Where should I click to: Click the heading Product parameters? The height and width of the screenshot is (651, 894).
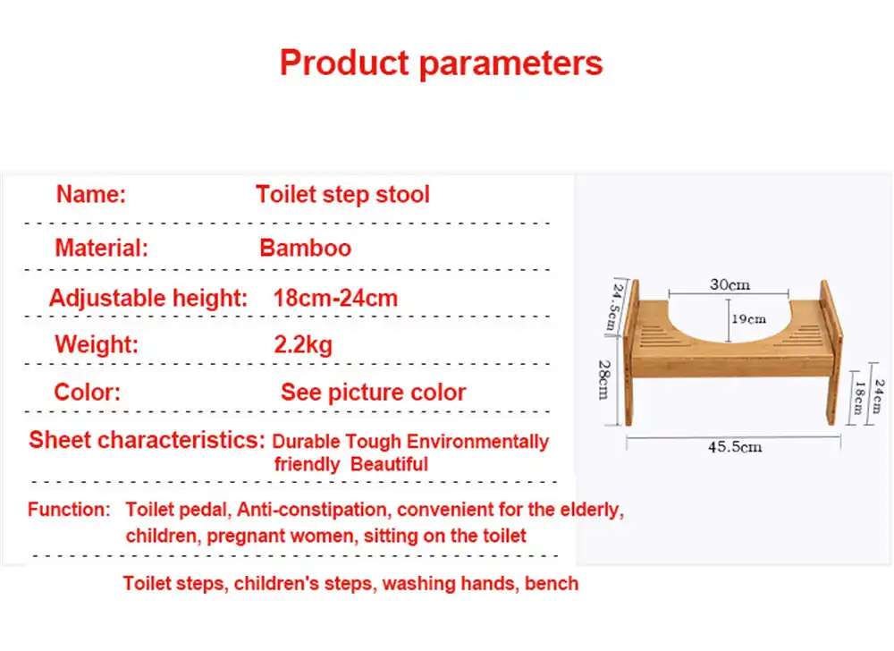point(441,63)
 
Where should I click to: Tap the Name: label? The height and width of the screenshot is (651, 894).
point(90,194)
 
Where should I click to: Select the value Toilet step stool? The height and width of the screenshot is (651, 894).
point(342,194)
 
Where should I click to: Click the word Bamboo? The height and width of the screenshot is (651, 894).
point(306,248)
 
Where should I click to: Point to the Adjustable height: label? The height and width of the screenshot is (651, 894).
point(148,298)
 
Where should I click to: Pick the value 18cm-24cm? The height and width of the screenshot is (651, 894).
point(335,298)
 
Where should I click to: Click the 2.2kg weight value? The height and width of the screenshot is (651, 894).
point(303,345)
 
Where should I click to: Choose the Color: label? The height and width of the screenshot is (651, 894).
point(88,393)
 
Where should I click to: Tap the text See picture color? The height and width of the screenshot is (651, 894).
point(374,393)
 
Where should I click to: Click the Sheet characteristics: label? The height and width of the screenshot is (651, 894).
point(148,440)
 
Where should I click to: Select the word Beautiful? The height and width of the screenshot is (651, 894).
point(389,464)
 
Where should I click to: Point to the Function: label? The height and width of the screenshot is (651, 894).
point(69,509)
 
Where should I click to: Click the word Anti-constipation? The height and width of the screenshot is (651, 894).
point(312,509)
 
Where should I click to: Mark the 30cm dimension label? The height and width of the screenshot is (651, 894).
point(730,284)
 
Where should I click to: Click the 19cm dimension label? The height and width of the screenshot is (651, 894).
point(748,319)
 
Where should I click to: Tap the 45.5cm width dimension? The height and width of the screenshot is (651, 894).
point(735,447)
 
